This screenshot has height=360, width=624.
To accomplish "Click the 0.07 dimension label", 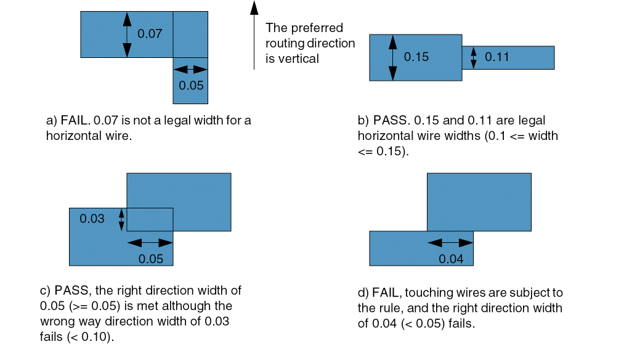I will tap(150, 33).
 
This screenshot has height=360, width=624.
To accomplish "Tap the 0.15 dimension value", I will tap(416, 57).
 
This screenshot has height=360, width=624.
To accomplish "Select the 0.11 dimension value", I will tap(497, 57).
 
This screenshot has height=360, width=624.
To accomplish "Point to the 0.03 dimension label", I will tap(92, 218).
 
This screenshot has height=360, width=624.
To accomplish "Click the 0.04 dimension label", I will tap(451, 258).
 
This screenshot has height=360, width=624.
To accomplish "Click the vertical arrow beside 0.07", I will tap(127, 35).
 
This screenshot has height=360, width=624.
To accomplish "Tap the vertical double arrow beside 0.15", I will tap(393, 57).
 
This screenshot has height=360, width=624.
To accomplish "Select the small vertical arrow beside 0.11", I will tap(473, 57).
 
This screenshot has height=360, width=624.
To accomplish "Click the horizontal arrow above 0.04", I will tap(450, 243).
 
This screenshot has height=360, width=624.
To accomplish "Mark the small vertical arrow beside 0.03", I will tap(121, 219).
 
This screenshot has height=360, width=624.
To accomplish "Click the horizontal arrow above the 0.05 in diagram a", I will tap(190, 69).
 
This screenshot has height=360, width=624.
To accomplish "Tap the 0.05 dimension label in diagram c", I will tap(150, 258).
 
